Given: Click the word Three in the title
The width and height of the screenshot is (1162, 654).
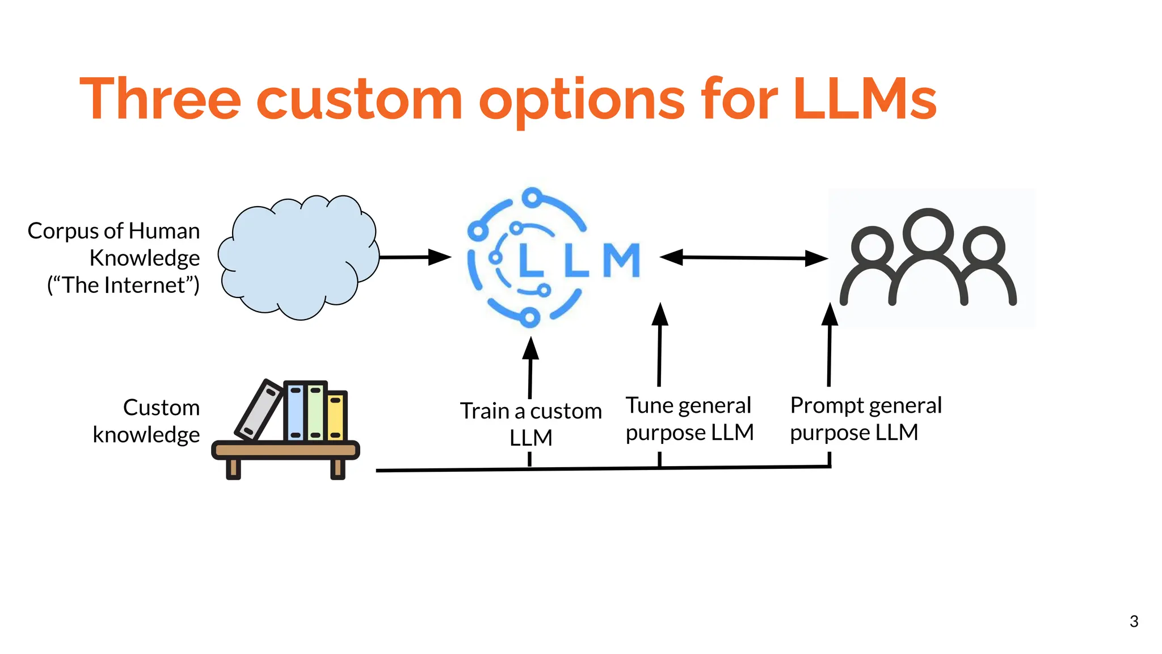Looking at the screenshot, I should point(161,100).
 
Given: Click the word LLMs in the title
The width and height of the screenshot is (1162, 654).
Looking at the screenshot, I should point(865,100).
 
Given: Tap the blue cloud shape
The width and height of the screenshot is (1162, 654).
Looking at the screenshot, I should point(298,258).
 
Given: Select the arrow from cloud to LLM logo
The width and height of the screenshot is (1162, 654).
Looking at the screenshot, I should point(414,257).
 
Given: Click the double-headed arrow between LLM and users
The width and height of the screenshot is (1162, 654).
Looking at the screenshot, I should point(744,258).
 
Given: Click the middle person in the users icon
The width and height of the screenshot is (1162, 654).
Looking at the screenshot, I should point(928,250).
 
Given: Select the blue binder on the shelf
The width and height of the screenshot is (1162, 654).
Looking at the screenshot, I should point(295,412).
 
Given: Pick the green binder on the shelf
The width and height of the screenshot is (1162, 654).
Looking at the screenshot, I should point(315,412).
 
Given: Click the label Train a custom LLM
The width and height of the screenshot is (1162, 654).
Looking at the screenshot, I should point(531,424).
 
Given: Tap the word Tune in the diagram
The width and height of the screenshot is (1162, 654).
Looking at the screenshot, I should point(649,406).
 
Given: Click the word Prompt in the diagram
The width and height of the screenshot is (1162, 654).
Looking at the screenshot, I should point(826,406).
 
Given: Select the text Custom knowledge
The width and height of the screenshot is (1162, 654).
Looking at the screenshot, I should point(148,421).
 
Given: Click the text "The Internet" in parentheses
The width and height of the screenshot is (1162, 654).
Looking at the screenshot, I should point(124,285).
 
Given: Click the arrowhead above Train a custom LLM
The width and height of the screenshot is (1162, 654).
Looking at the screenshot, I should point(531,349).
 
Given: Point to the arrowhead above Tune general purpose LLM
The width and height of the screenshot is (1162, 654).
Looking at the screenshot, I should point(660,315).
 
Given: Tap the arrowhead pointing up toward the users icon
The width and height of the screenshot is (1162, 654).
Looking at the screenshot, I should point(830,315).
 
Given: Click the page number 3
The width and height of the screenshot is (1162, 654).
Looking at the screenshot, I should point(1134,621).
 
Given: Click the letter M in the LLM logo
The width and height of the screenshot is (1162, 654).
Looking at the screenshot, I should point(621,261).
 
